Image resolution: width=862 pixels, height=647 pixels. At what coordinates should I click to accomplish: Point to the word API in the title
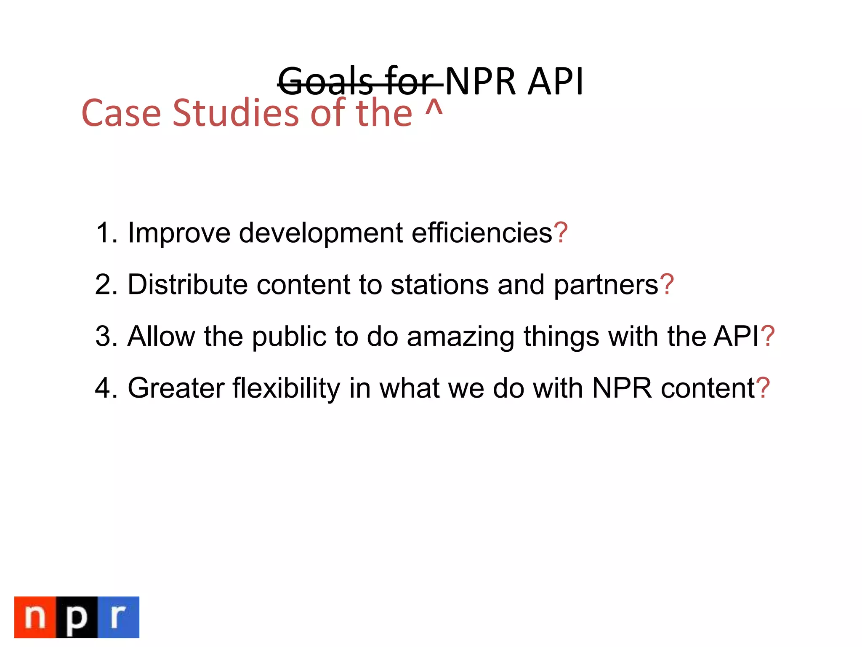pyautogui.click(x=556, y=82)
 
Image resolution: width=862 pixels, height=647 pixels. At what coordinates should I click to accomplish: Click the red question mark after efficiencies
pyautogui.click(x=561, y=233)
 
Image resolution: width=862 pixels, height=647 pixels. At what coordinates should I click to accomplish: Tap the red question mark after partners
pyautogui.click(x=667, y=285)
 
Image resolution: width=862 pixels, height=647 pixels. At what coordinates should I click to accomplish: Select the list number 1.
pyautogui.click(x=105, y=233)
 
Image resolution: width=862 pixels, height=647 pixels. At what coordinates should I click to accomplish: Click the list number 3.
pyautogui.click(x=105, y=337)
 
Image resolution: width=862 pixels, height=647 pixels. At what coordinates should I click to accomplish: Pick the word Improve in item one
pyautogui.click(x=179, y=233)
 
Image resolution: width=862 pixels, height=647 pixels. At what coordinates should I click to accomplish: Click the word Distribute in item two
pyautogui.click(x=187, y=285)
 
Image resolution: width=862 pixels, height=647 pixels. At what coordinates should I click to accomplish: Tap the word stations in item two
pyautogui.click(x=439, y=285)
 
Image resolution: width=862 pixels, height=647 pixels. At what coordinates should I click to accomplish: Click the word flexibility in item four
pyautogui.click(x=286, y=388)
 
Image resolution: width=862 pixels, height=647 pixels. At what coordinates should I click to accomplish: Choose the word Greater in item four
pyautogui.click(x=176, y=388)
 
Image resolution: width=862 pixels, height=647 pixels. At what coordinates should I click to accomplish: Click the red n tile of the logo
pyautogui.click(x=35, y=617)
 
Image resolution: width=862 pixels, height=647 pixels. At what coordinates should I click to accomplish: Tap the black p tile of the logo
pyautogui.click(x=77, y=617)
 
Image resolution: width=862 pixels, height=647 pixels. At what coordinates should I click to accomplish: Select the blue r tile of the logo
pyautogui.click(x=118, y=617)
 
